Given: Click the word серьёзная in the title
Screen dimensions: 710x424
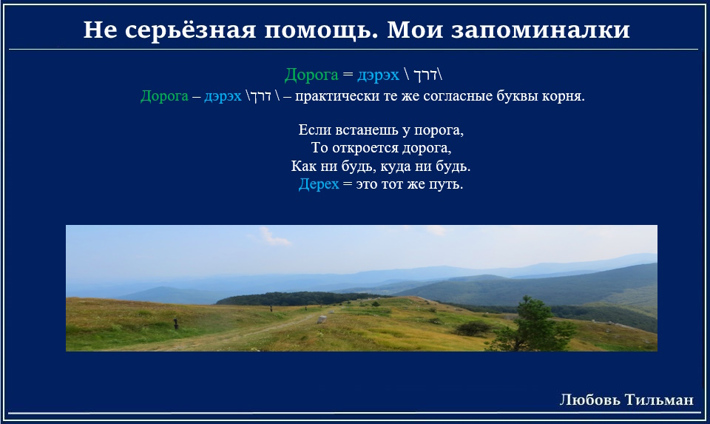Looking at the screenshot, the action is pos(191,30).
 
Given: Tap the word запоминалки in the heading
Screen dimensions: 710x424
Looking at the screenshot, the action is pos(541,30).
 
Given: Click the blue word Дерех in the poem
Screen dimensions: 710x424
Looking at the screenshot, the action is pos(318,184).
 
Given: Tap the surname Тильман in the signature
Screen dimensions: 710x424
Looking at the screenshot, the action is pos(659,400).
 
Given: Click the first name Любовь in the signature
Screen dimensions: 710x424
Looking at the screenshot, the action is pos(590,400).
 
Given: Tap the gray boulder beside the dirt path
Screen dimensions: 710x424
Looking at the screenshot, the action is pos(322,320).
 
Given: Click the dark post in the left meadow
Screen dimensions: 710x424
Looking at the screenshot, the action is pos(176,323).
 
